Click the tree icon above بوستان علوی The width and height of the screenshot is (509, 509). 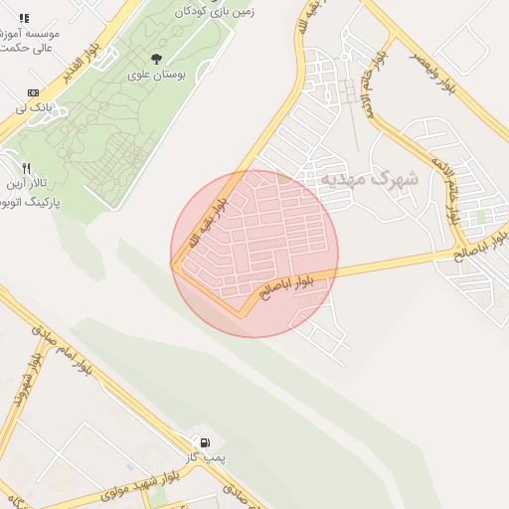coord(156,59)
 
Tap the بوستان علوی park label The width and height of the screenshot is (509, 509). coord(154,75)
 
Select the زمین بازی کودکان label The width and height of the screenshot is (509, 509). coord(212,12)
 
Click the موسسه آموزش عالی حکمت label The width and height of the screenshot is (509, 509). coord(28,40)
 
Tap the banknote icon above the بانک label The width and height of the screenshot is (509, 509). coord(33,92)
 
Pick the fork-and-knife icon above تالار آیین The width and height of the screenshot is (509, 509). coord(28,168)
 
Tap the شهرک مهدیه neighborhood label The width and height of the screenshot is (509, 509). coord(381,180)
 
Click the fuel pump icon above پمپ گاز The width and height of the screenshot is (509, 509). coord(205,442)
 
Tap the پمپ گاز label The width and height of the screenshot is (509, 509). coord(208,458)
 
